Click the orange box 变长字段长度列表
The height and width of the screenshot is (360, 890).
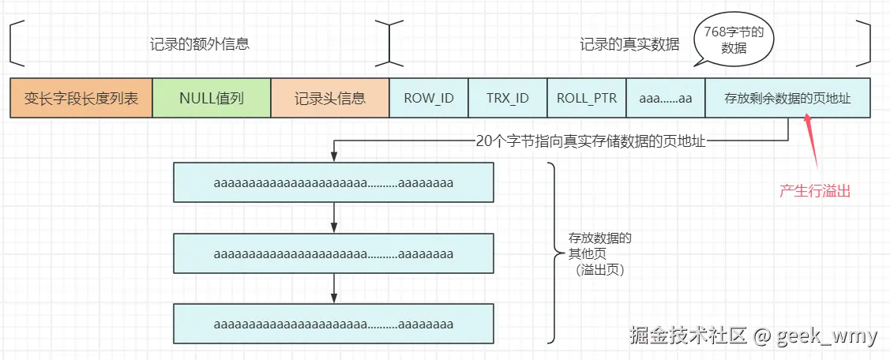(81, 98)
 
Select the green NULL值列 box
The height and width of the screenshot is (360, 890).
(212, 98)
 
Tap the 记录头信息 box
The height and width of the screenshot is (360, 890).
(330, 98)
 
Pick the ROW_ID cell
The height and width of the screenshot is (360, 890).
(429, 98)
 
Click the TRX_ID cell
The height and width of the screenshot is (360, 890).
(508, 98)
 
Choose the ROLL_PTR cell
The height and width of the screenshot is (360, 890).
(587, 98)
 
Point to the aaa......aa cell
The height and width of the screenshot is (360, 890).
(666, 98)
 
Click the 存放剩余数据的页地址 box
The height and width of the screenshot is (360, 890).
(788, 98)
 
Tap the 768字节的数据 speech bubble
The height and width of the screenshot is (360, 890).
(734, 41)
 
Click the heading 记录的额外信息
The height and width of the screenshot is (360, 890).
(200, 44)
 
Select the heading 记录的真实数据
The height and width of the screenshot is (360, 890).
(629, 44)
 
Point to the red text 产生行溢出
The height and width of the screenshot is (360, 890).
(815, 191)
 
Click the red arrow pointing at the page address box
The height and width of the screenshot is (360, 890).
(812, 140)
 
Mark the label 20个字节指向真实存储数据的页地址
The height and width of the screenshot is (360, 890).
(591, 141)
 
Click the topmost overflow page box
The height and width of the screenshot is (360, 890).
(333, 182)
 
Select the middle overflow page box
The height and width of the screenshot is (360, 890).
(333, 253)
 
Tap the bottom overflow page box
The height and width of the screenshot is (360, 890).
(333, 324)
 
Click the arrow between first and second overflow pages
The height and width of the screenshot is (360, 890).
(334, 217)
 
